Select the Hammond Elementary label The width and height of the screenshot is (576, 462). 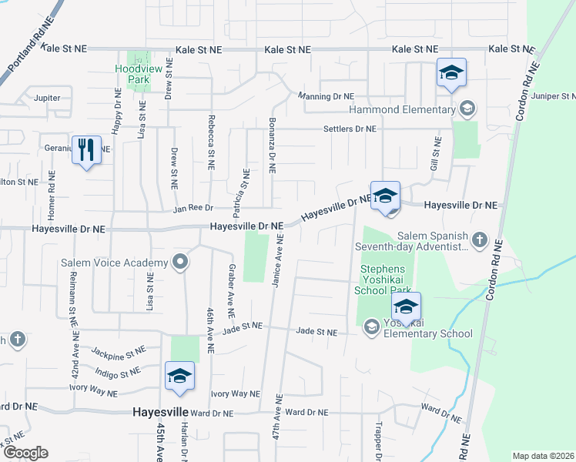click(402, 109)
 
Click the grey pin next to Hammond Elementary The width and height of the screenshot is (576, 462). click(465, 109)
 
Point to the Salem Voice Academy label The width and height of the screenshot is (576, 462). click(114, 263)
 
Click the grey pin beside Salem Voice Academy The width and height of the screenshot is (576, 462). click(181, 263)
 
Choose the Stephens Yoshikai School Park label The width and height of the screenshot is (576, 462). click(388, 280)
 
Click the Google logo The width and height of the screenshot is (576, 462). click(25, 453)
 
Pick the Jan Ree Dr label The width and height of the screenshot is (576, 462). click(191, 208)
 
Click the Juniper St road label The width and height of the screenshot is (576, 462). click(558, 97)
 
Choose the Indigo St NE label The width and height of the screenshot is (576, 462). click(114, 373)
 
